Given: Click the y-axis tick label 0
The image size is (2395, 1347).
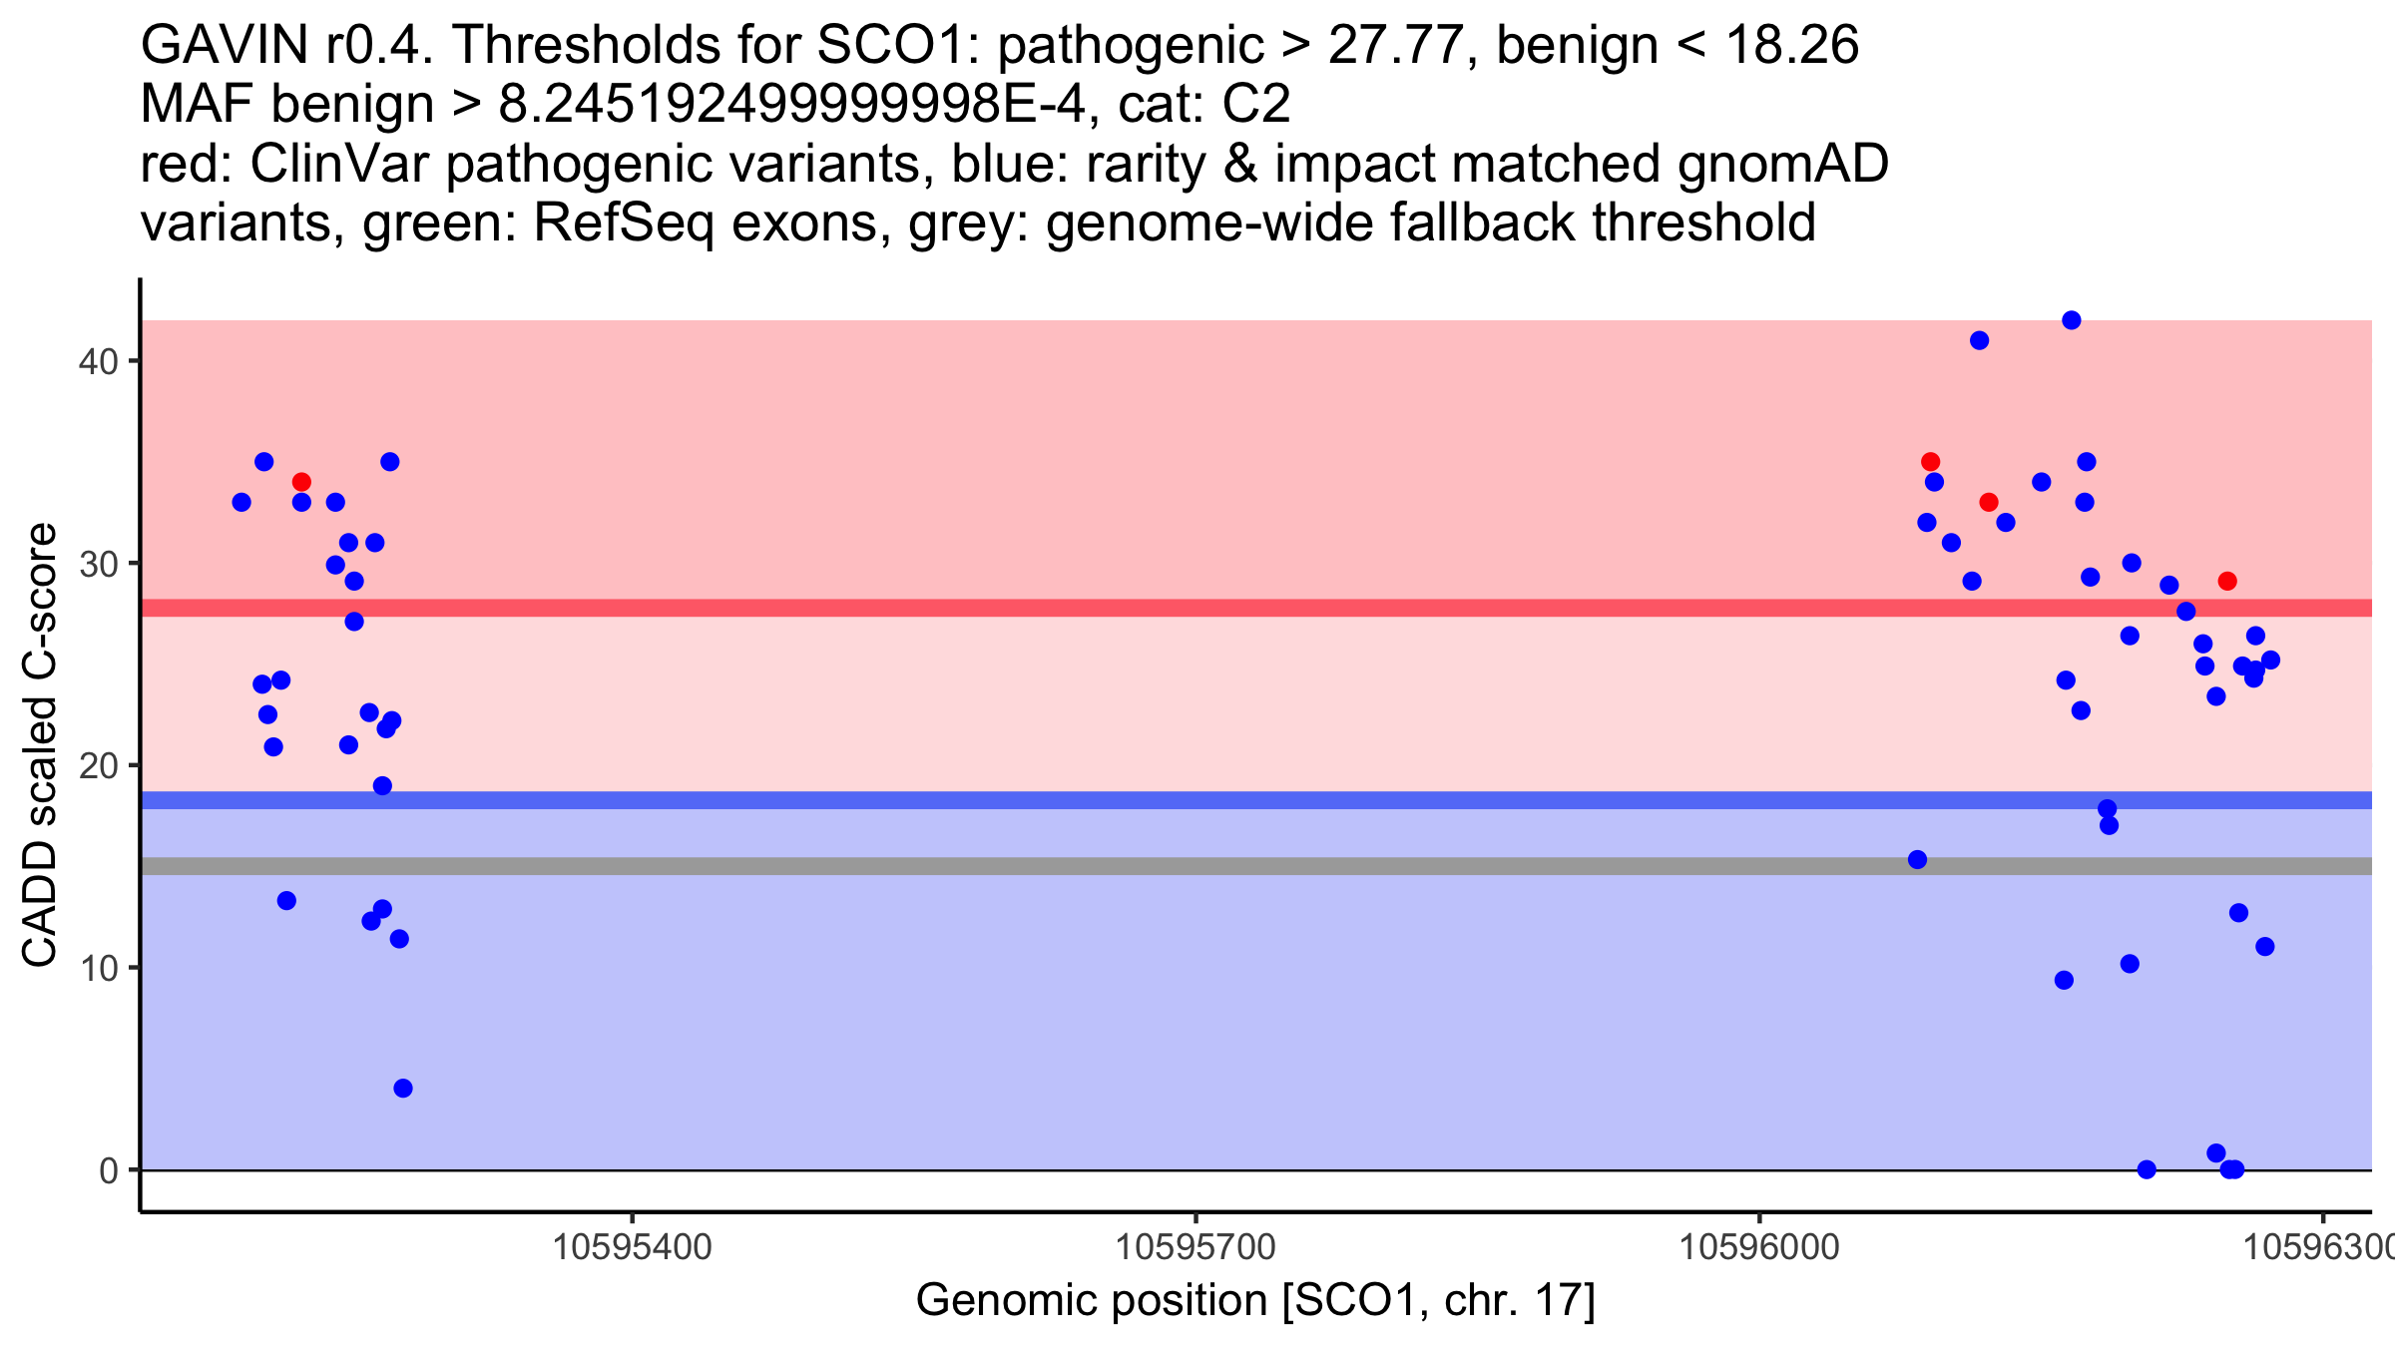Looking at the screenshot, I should [x=108, y=1170].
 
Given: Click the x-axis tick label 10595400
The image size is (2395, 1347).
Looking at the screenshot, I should [x=633, y=1247].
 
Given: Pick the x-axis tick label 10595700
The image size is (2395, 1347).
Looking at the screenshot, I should [x=1196, y=1247].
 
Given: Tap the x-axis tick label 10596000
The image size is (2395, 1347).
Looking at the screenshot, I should [x=1759, y=1247].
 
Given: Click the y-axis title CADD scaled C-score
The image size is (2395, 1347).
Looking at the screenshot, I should [x=40, y=745].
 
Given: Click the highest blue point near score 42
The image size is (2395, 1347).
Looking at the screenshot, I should [x=2072, y=320].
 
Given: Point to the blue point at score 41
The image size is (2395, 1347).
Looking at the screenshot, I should [x=1980, y=340].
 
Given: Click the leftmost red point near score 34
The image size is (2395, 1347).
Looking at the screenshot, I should [x=301, y=482].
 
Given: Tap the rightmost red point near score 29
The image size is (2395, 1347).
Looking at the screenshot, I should [x=2227, y=581].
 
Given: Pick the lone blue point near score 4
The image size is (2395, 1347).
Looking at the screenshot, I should [x=403, y=1088].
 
